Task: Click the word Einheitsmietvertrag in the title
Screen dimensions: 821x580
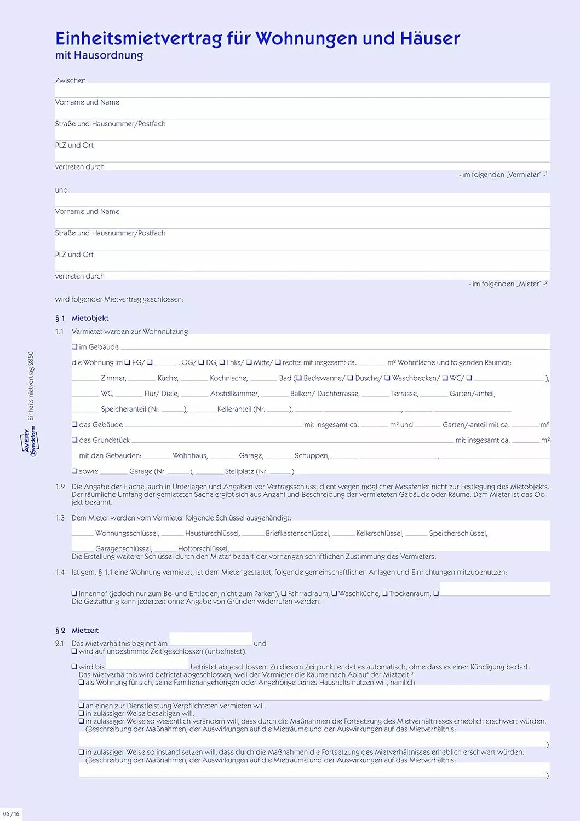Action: click(x=139, y=38)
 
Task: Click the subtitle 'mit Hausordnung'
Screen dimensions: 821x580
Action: click(x=99, y=55)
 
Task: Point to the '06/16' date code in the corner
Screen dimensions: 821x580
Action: click(x=11, y=814)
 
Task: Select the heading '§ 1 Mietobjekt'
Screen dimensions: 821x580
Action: click(x=82, y=318)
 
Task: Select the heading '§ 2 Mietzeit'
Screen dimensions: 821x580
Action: click(x=77, y=631)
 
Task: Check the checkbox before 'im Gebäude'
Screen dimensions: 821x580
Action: click(x=74, y=347)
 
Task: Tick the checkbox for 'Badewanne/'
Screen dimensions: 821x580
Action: click(x=299, y=378)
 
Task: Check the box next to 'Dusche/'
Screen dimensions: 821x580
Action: click(x=351, y=378)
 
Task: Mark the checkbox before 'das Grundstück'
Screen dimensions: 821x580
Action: click(x=74, y=440)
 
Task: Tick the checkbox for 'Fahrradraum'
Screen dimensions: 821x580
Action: click(x=284, y=593)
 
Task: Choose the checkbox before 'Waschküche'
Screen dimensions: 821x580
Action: click(x=334, y=593)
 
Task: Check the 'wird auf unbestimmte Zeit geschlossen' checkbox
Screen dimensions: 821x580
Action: click(x=74, y=651)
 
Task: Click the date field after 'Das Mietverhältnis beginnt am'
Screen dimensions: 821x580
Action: click(x=211, y=639)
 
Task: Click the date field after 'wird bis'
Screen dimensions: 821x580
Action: click(x=147, y=663)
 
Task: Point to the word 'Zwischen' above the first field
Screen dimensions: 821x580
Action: click(x=70, y=80)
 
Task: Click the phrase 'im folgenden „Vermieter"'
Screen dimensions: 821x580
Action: click(x=502, y=175)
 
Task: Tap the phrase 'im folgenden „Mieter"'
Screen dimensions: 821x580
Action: click(x=507, y=284)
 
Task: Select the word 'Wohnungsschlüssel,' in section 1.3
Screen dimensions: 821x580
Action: click(x=127, y=533)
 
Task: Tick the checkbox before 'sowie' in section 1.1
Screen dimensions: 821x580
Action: click(x=74, y=471)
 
